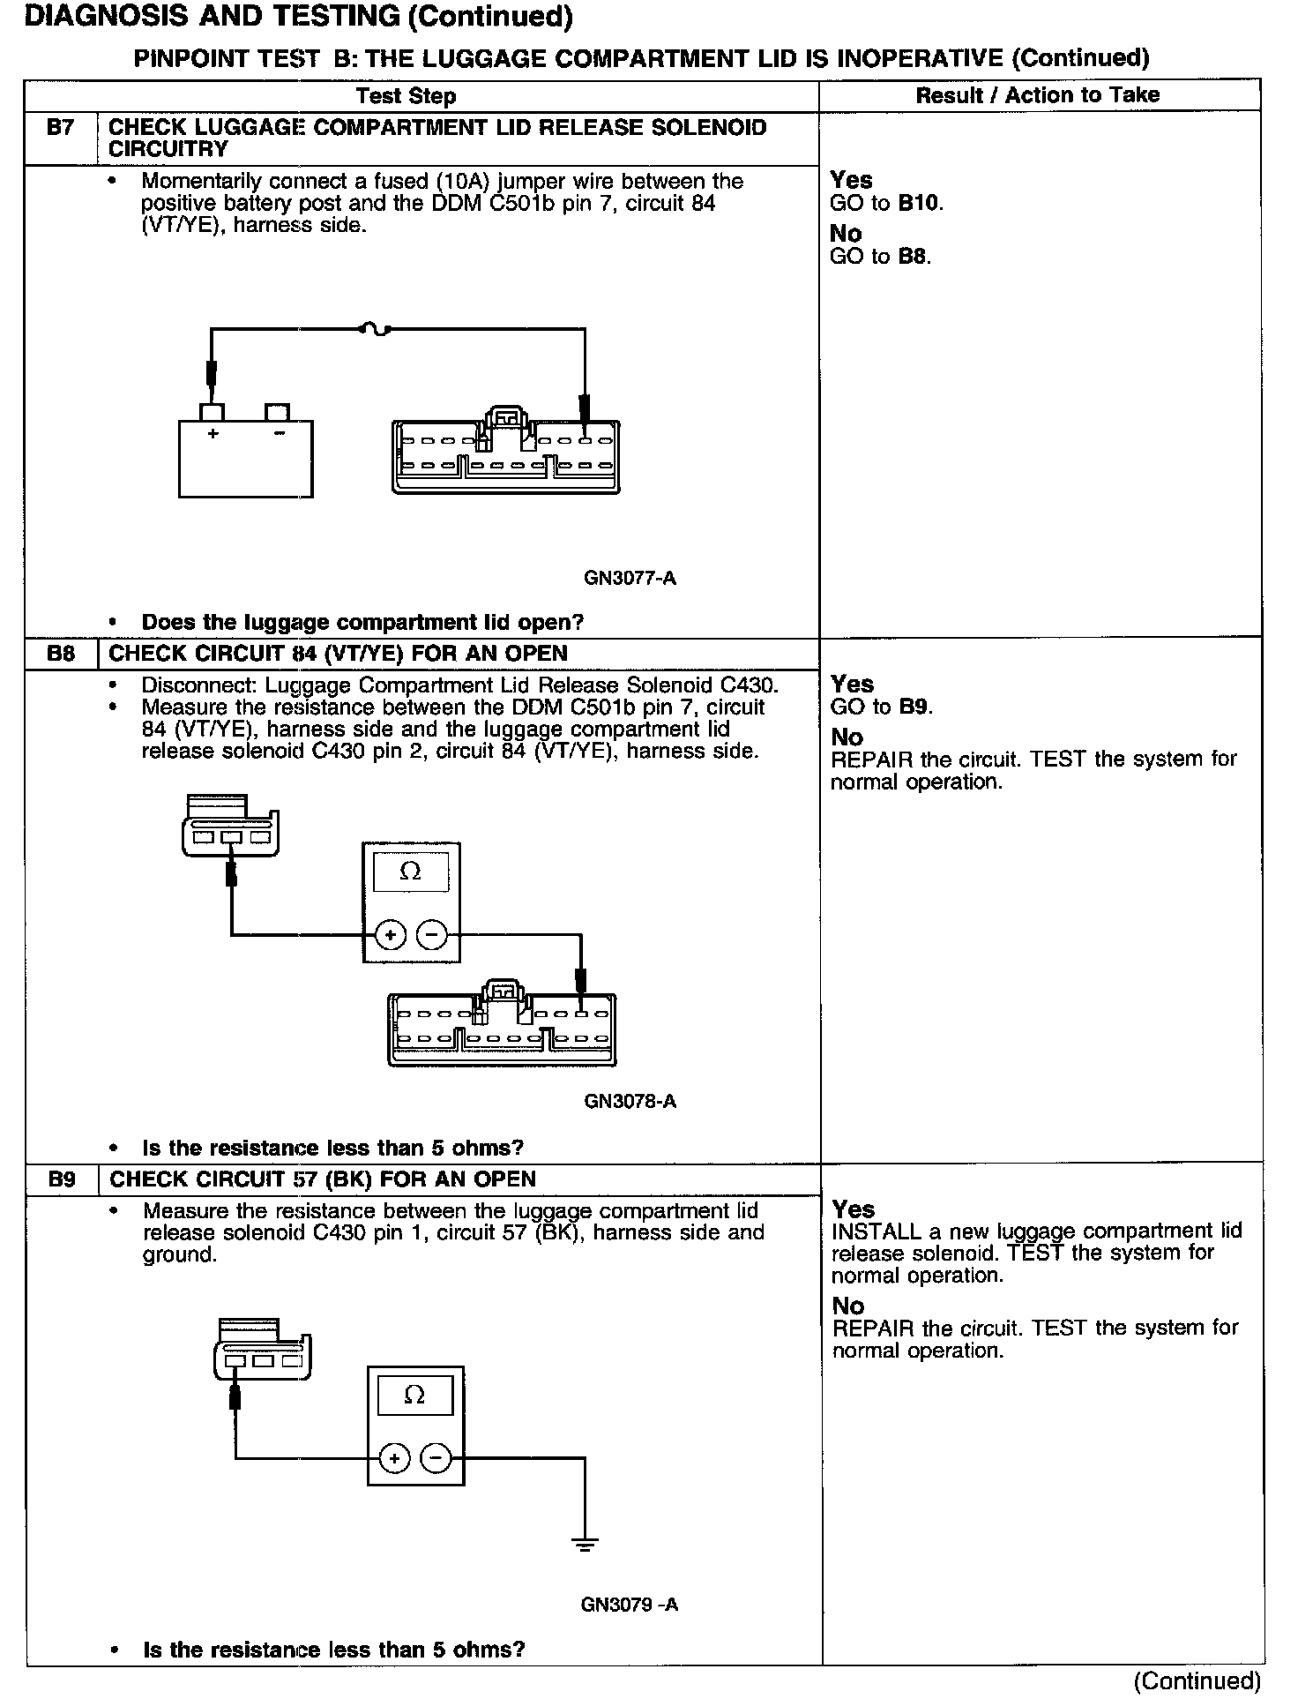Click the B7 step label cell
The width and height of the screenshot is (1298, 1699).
click(60, 128)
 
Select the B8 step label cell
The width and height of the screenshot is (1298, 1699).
click(60, 654)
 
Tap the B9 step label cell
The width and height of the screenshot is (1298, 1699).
click(62, 1179)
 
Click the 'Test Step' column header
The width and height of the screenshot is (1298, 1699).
click(407, 96)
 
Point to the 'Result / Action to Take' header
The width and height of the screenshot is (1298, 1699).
click(1037, 95)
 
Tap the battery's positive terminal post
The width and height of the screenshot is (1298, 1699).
click(213, 412)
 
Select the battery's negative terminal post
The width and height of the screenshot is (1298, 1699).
click(277, 412)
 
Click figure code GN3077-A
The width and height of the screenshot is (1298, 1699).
click(630, 579)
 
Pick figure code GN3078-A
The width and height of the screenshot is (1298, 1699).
click(630, 1101)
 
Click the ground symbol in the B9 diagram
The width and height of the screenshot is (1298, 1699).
click(584, 1544)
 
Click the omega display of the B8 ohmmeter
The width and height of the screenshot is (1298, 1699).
click(411, 872)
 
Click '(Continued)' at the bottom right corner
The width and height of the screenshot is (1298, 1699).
click(1197, 1680)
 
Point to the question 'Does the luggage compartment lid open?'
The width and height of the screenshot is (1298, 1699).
click(362, 622)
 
